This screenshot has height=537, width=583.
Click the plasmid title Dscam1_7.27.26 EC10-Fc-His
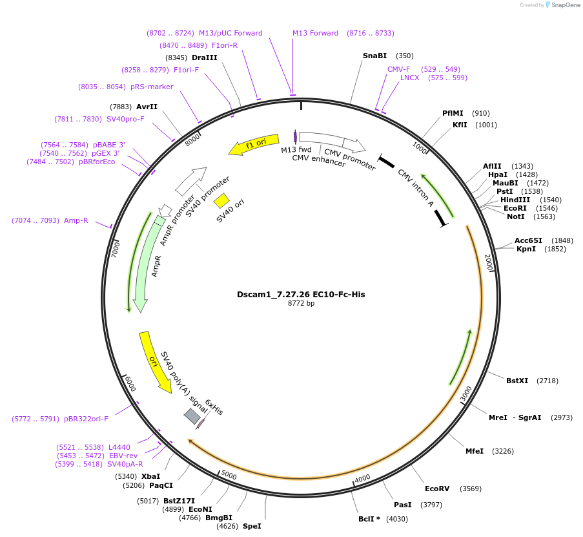pos(301,294)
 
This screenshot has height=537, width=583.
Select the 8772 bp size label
pos(301,303)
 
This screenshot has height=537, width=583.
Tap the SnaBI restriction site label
pos(374,56)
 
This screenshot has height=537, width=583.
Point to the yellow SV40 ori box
pos(221,200)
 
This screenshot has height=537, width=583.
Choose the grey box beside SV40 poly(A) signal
pos(192,416)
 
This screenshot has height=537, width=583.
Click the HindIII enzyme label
pos(515,200)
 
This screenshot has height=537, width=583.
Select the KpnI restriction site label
pos(526,249)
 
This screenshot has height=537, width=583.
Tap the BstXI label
pos(517,381)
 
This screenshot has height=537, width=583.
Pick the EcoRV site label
pos(437,489)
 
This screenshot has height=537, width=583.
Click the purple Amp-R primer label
pos(76,220)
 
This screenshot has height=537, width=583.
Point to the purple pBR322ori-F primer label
pos(86,419)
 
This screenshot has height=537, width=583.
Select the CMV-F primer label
pos(399,69)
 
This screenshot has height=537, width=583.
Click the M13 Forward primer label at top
pos(315,33)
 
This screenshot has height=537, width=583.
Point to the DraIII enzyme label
pos(205,58)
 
